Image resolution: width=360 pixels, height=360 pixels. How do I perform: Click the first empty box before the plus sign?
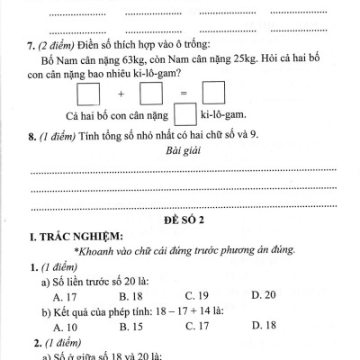[x=87, y=94]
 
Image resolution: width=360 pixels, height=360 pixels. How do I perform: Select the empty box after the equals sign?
[x=213, y=94]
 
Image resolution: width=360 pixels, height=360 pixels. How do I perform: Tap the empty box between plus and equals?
[x=150, y=94]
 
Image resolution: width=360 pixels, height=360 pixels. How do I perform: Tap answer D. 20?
[x=264, y=294]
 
